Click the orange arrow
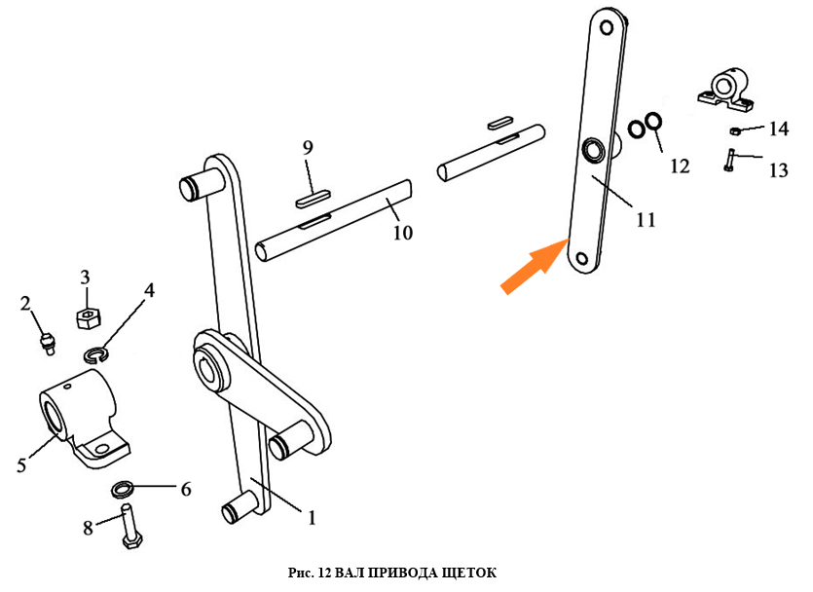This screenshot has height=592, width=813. [535, 266]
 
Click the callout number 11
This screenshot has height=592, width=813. [646, 220]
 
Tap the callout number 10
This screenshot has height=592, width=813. [403, 233]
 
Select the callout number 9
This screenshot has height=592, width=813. [308, 148]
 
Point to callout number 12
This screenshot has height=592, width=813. [680, 166]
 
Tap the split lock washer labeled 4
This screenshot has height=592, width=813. [95, 355]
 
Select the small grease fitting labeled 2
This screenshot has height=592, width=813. [47, 343]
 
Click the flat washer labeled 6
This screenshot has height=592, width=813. [123, 488]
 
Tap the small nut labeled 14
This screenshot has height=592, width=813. [734, 130]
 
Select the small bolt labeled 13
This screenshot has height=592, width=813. [728, 161]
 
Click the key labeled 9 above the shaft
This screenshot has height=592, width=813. [314, 200]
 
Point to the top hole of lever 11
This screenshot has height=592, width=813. [607, 27]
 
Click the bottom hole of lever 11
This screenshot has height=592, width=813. [581, 259]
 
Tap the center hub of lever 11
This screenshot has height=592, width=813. [593, 150]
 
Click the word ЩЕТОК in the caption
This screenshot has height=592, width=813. [469, 573]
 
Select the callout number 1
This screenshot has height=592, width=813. [312, 517]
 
